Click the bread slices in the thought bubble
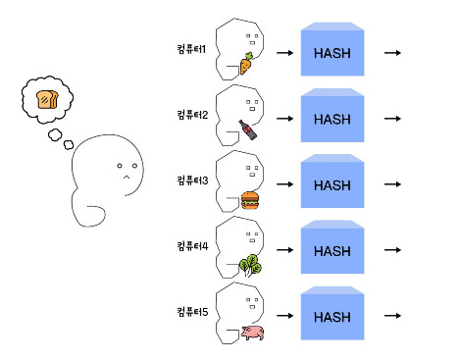(48, 99)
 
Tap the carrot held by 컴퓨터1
(246, 64)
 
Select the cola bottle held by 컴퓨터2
(248, 129)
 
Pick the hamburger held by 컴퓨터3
(250, 200)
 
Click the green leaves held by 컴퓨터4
(250, 265)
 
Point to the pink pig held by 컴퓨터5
(253, 333)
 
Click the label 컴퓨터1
(191, 49)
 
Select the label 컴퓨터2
(192, 115)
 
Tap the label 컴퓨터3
(192, 180)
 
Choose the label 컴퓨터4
(192, 246)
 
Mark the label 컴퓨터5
(192, 312)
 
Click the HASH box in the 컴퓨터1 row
(333, 49)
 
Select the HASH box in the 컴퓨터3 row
(333, 181)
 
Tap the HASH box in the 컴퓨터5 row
(333, 313)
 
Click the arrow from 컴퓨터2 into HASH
(284, 119)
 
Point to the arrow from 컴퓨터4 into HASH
(284, 250)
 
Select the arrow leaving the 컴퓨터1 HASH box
(392, 53)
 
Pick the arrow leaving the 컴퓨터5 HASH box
(392, 316)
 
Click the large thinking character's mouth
(127, 178)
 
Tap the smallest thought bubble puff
(69, 144)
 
